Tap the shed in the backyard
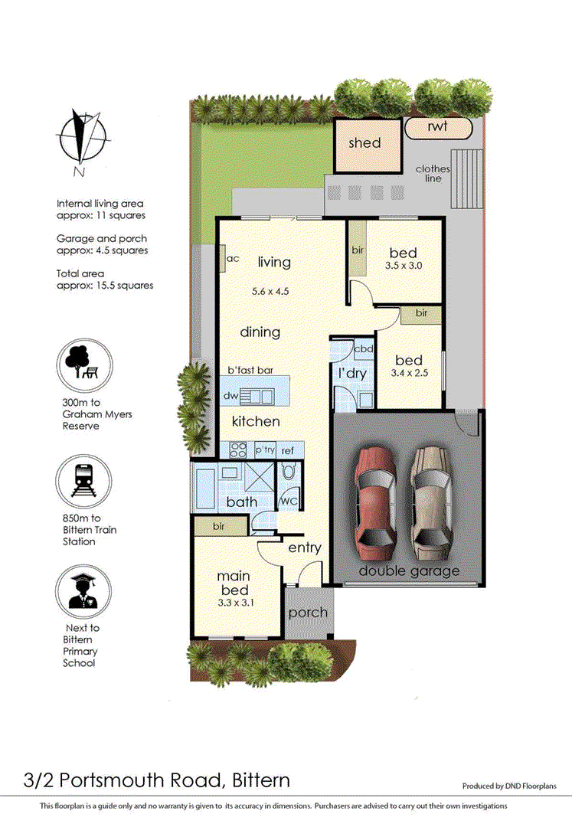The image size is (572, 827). click(368, 145)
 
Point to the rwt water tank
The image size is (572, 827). click(438, 128)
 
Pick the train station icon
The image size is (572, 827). click(83, 482)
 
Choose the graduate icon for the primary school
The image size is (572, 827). click(83, 592)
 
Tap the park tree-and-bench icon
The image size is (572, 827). click(83, 365)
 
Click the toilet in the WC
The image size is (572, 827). click(289, 470)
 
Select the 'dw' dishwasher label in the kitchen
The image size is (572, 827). click(231, 396)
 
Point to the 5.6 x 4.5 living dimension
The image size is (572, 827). click(270, 291)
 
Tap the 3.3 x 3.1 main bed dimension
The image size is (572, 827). click(236, 603)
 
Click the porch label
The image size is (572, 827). click(309, 613)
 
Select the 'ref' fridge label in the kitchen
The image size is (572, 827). click(288, 450)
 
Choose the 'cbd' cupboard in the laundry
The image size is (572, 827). click(364, 348)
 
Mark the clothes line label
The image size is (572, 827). click(433, 174)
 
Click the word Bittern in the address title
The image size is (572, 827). click(261, 780)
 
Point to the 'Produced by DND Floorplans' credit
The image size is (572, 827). click(509, 786)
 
